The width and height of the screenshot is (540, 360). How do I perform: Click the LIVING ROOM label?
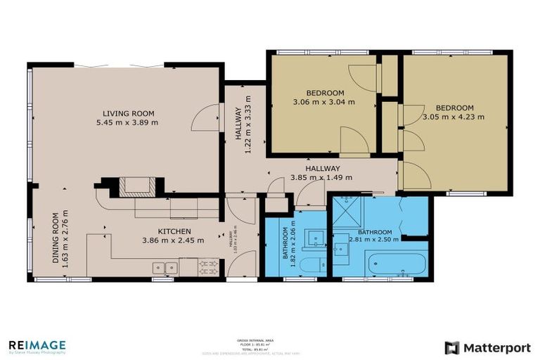[128, 113]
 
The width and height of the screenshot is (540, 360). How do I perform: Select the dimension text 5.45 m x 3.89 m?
[128, 122]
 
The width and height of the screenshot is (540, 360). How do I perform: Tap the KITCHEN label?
[173, 231]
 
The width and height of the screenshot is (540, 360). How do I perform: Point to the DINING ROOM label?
[56, 237]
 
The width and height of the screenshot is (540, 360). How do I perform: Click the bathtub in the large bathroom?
[397, 266]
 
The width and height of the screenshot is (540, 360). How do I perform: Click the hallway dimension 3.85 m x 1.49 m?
[322, 177]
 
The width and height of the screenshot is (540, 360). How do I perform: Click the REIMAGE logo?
[37, 346]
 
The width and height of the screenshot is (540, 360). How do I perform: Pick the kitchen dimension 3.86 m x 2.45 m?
[173, 240]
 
